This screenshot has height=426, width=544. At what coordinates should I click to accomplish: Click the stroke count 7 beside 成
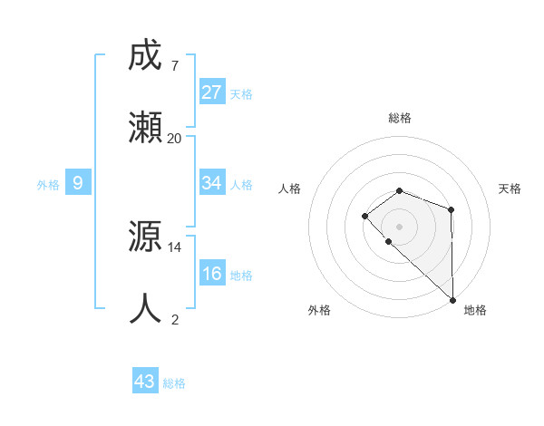point(174,65)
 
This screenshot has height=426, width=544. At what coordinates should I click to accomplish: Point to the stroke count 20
point(175,138)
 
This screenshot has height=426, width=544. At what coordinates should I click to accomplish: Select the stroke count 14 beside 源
point(175,247)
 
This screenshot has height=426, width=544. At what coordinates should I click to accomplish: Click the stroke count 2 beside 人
point(175,319)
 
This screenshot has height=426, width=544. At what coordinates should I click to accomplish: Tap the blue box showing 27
point(212,92)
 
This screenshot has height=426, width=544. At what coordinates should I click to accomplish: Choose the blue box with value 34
point(212,183)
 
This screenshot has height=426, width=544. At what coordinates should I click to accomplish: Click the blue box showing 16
point(212,274)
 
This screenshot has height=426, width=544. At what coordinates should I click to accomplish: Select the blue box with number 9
point(78,183)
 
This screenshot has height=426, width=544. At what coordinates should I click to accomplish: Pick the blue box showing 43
point(145,382)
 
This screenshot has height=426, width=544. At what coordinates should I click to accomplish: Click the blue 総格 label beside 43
point(174,383)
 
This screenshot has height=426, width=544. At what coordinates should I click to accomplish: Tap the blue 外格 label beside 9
point(48,185)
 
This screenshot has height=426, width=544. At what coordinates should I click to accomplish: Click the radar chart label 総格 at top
point(400,118)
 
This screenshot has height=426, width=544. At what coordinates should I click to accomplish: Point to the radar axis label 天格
point(510,189)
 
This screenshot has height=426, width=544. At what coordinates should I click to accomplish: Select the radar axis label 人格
point(289,189)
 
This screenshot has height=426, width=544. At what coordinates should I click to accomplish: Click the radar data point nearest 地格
point(452,299)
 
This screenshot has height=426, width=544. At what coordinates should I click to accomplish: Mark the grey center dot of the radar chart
point(400,226)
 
